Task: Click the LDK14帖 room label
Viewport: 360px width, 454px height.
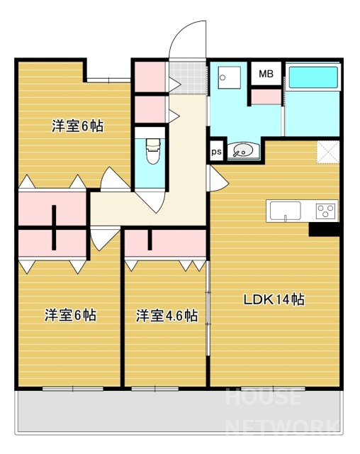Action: (274, 299)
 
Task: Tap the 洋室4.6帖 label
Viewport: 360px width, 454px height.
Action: (167, 316)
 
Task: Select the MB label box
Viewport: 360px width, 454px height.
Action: (266, 74)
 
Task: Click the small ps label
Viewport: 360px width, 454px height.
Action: (215, 152)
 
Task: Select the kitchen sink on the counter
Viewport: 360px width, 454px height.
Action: (285, 211)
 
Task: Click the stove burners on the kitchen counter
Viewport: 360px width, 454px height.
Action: (326, 211)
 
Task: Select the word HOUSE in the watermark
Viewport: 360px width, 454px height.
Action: (263, 397)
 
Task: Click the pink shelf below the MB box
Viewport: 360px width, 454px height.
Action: (266, 95)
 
